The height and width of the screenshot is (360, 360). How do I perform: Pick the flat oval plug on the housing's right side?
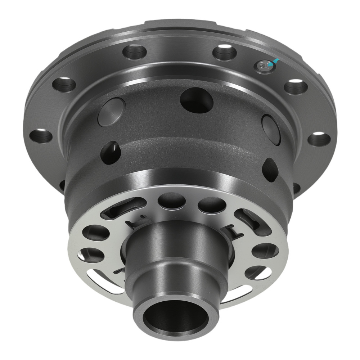271,130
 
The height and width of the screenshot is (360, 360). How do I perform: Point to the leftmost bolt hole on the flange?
41,136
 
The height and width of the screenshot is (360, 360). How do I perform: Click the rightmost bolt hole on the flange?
319,139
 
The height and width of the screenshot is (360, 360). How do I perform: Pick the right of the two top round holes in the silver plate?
212,204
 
